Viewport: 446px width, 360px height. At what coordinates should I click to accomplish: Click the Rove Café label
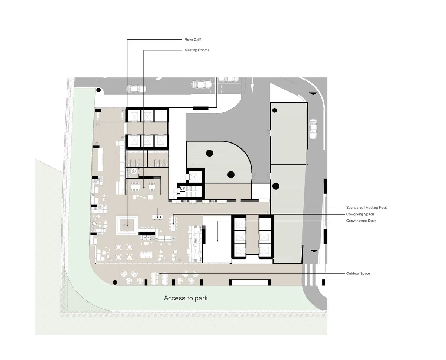pos(193,40)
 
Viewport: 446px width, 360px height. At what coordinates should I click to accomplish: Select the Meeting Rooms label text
pos(197,50)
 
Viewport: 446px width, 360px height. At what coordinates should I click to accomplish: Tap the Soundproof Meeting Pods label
pos(366,208)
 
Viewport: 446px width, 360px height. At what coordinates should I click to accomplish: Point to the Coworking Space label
pos(360,214)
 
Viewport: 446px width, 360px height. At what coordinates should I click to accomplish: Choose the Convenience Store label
pos(361,221)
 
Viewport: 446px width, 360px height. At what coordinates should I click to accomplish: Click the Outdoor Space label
pos(358,273)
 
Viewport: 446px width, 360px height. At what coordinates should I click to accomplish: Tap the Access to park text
pos(186,298)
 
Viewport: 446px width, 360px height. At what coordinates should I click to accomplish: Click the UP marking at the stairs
pos(182,189)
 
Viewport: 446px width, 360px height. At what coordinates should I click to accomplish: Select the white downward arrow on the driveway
pos(252,85)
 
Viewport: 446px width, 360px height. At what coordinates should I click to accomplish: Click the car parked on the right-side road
pos(313,129)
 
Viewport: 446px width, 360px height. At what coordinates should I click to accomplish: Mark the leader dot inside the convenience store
pos(217,241)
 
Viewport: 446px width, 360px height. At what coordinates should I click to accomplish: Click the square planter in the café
pos(127,225)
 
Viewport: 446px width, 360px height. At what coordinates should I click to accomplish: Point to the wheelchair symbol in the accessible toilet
pos(134,171)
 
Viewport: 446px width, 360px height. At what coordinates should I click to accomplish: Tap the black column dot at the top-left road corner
pos(98,90)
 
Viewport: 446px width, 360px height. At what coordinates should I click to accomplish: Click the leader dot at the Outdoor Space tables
pos(160,273)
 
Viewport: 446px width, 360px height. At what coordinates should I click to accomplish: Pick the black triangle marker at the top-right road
pos(313,94)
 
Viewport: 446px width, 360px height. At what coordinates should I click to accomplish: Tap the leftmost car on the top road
pos(136,89)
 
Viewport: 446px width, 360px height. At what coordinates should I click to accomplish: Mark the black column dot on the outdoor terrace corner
pos(115,282)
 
